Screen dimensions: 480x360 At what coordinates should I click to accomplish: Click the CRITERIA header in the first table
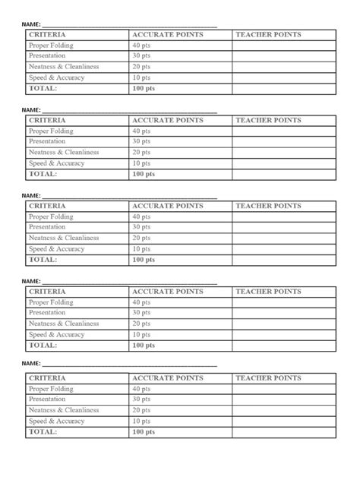[47, 35]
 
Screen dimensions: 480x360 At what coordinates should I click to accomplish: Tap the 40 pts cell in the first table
[141, 46]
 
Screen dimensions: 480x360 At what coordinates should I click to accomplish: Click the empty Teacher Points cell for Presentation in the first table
[283, 56]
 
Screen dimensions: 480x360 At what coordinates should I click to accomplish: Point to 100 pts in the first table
[144, 88]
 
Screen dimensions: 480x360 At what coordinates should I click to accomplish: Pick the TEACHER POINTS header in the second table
[268, 120]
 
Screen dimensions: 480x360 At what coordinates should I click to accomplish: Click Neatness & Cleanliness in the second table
[64, 152]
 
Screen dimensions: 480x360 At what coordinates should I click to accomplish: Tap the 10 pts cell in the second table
[141, 163]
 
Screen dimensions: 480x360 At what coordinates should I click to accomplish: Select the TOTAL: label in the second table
[43, 174]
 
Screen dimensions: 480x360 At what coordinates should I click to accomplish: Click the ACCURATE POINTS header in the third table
[168, 206]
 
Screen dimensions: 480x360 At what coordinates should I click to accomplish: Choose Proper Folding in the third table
[51, 216]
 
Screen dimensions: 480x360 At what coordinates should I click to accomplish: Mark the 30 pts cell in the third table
[141, 227]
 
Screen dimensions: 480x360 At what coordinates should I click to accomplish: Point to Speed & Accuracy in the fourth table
[57, 334]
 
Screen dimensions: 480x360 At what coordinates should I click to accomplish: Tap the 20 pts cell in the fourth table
[141, 324]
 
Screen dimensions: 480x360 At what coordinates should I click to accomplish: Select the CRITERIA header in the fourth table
[47, 292]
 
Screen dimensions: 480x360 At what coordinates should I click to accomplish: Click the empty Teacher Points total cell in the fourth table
[283, 346]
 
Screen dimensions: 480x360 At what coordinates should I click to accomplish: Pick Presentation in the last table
[48, 399]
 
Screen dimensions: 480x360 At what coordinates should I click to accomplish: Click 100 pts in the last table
[144, 431]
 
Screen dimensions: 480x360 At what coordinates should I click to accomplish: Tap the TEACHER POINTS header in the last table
[268, 377]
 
